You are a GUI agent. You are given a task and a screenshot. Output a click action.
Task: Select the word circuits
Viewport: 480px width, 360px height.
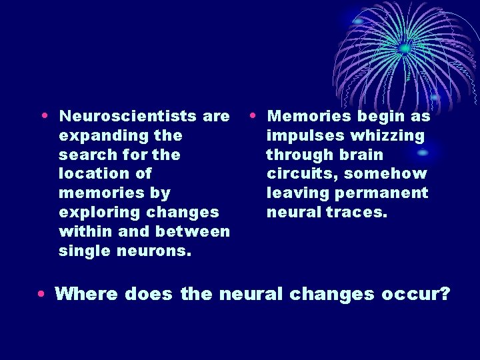(x=297, y=174)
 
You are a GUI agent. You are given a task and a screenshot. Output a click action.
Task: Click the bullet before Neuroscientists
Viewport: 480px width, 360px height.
(x=43, y=115)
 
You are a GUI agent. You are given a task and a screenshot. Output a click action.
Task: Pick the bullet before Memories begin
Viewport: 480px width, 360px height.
(x=251, y=115)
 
